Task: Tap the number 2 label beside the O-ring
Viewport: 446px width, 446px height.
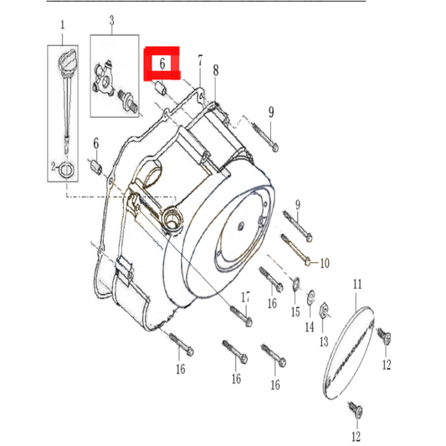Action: tap(53, 167)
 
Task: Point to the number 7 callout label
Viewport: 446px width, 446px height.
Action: tap(201, 62)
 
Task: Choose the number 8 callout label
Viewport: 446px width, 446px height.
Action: tap(215, 70)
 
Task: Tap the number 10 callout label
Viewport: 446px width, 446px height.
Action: tap(325, 263)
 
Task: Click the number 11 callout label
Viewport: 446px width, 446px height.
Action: tap(356, 286)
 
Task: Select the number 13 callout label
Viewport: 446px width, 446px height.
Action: tap(324, 341)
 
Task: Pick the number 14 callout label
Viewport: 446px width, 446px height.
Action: tap(309, 326)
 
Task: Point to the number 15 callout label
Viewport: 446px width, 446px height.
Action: tap(295, 312)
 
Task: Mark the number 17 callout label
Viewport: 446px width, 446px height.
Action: tap(246, 296)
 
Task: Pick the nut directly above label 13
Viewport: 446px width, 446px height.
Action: tap(327, 316)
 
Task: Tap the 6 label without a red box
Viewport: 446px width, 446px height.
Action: tap(96, 144)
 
